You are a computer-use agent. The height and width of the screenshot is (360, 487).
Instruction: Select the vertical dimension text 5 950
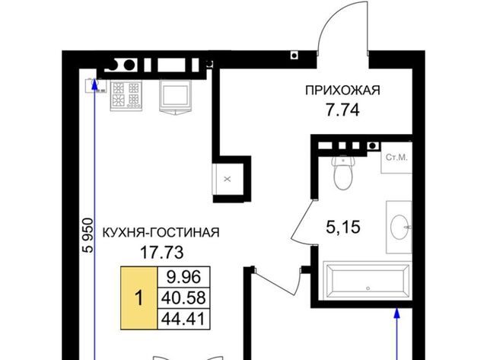pyautogui.click(x=87, y=235)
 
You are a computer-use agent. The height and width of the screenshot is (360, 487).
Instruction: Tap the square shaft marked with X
pyautogui.click(x=228, y=180)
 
